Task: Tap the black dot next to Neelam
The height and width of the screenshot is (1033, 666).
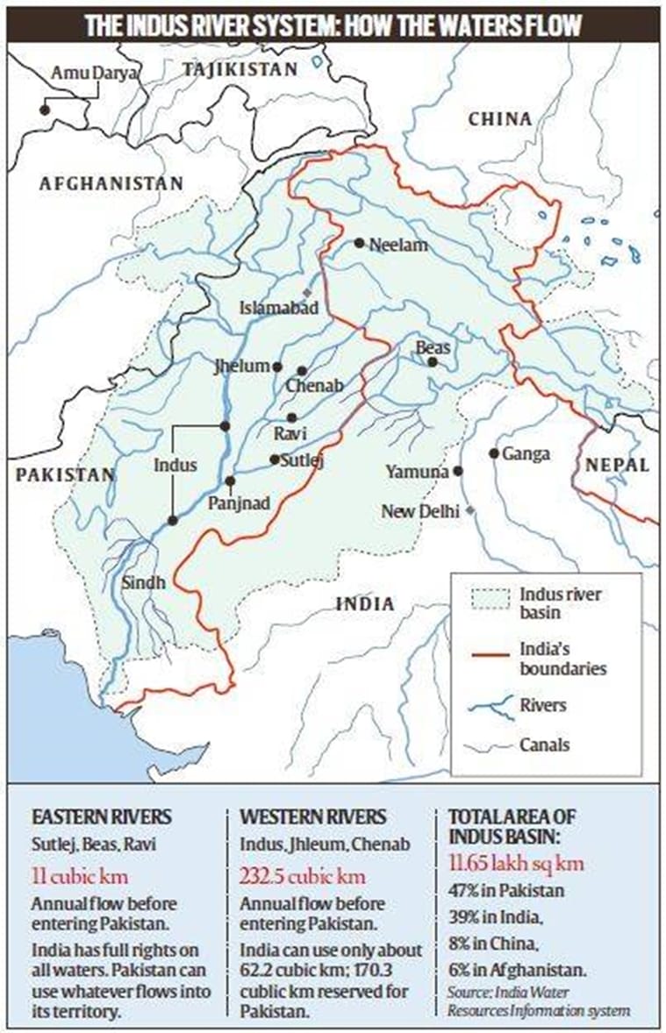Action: (x=359, y=243)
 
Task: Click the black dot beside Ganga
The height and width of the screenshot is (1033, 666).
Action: (x=494, y=453)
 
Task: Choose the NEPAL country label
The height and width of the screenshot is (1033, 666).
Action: (x=619, y=465)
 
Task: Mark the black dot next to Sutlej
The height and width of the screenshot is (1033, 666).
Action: (x=275, y=460)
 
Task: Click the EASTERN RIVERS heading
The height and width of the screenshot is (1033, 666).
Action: (x=101, y=817)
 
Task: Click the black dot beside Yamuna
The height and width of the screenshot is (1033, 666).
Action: (x=457, y=471)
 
